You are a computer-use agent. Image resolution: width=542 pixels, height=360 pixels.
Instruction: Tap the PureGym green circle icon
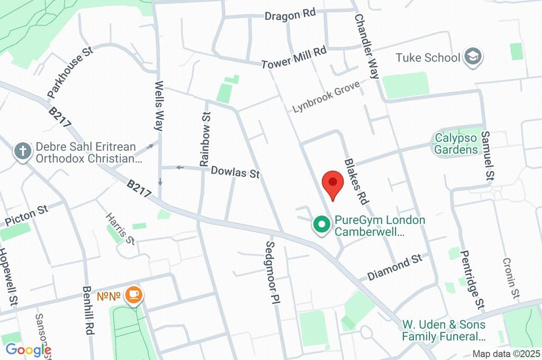click(x=321, y=225)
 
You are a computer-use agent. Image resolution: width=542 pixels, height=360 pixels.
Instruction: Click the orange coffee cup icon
click(x=133, y=295)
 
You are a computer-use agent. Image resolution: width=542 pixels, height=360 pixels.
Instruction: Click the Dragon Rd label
click(x=290, y=15)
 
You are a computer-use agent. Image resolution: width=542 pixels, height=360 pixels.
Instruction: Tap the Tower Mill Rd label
click(x=294, y=58)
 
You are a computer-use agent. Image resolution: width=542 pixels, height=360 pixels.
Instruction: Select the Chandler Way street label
click(x=367, y=47)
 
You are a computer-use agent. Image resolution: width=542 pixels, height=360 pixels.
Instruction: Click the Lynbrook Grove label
click(x=326, y=96)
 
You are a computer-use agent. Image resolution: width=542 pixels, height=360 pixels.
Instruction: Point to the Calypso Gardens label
click(x=456, y=144)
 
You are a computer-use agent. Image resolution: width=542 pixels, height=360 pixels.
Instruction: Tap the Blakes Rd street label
click(x=356, y=182)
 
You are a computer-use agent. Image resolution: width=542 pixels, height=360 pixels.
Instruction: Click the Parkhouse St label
click(x=69, y=73)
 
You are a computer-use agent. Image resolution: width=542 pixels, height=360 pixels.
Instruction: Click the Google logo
click(x=28, y=349)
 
